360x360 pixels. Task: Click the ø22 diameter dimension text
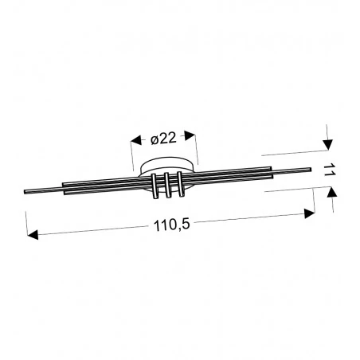click(x=163, y=139)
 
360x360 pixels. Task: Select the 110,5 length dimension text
click(x=170, y=225)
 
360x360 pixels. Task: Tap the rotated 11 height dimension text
click(x=327, y=169)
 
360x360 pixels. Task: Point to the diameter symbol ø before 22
click(x=155, y=139)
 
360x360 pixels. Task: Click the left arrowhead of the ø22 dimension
click(x=134, y=142)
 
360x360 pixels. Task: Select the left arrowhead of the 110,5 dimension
click(x=32, y=235)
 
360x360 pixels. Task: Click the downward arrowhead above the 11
click(x=327, y=143)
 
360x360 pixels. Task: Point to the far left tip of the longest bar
click(x=27, y=192)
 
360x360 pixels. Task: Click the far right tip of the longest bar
click(x=309, y=168)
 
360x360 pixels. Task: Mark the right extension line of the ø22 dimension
click(x=197, y=148)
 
